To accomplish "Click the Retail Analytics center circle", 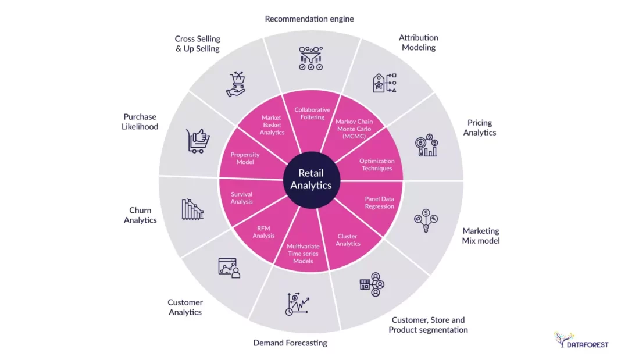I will (310, 179).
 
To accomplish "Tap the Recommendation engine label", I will (309, 19).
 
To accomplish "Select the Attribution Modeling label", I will (418, 42).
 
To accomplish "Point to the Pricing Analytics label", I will (480, 127).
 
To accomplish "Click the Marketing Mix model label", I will (480, 236).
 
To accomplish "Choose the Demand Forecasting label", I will (290, 343).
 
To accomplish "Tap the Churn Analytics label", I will (140, 215).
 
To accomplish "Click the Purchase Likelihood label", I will (140, 122).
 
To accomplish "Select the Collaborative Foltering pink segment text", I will (312, 113).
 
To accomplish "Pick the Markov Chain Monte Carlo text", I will (353, 129).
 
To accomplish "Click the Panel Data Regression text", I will (380, 202).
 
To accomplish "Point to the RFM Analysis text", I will (263, 232).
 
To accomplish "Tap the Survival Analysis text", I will (242, 198).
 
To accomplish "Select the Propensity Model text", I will (245, 158).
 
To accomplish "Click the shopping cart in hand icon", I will (235, 84).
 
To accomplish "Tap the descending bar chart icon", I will (192, 209).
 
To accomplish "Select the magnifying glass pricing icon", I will (426, 146).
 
